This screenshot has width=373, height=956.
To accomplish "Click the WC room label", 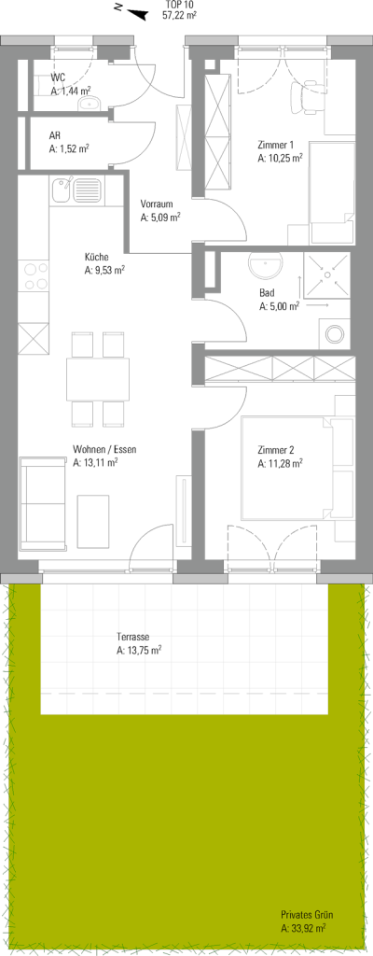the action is (58, 78).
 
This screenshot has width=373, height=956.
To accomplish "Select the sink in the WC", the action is (90, 104).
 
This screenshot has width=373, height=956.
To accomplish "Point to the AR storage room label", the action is (55, 136).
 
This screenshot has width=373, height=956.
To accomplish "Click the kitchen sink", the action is (77, 190).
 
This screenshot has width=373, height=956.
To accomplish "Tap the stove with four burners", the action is (34, 276).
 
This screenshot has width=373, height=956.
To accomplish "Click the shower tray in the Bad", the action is (327, 275).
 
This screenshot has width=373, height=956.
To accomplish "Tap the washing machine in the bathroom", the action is (335, 333).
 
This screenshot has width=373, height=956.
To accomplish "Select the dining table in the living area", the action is (98, 379).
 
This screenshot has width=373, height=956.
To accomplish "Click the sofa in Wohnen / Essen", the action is (44, 503).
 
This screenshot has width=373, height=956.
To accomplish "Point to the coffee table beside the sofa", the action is (92, 521).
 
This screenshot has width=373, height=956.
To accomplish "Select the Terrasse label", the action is (131, 638).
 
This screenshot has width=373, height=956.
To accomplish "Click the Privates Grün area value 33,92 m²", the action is (303, 929).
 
